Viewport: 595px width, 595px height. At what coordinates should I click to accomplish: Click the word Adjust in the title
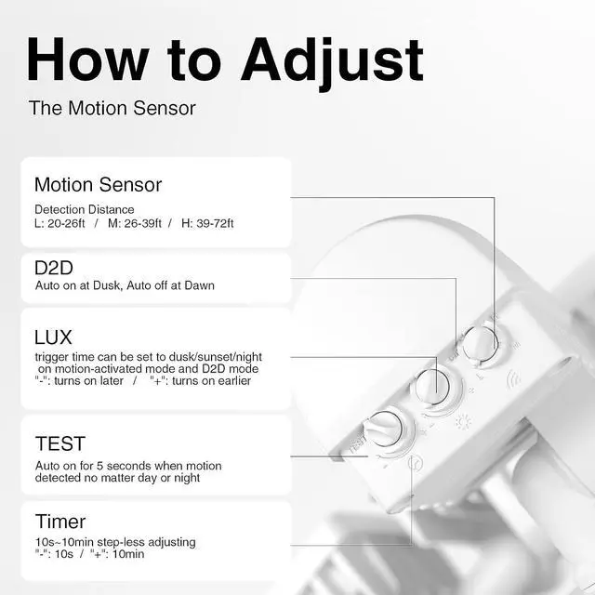tap(332, 62)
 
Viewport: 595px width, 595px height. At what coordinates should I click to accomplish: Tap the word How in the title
tap(87, 59)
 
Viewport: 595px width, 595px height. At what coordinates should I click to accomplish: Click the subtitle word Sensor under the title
tap(165, 108)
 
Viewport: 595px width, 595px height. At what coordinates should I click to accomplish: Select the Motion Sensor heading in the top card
tap(98, 185)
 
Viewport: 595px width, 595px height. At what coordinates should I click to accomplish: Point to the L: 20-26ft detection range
tap(59, 223)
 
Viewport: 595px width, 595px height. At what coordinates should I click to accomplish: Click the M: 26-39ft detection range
tap(135, 223)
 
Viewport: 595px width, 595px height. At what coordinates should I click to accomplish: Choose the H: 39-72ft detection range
tap(207, 223)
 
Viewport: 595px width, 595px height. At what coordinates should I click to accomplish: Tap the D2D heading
tap(54, 268)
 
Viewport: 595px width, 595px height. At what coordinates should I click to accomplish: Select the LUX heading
tap(53, 337)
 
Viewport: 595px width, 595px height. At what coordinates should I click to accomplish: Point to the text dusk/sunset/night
tap(215, 357)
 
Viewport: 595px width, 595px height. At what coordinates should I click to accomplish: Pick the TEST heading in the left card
tap(60, 444)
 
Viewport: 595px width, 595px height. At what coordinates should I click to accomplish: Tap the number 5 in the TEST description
tap(99, 466)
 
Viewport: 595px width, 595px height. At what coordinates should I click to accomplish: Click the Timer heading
tap(60, 522)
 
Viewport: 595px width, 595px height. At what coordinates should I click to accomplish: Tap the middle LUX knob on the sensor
tap(432, 387)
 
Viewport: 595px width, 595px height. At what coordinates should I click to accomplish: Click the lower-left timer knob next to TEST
tap(384, 429)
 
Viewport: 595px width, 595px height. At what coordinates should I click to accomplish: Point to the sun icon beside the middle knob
tap(463, 422)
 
